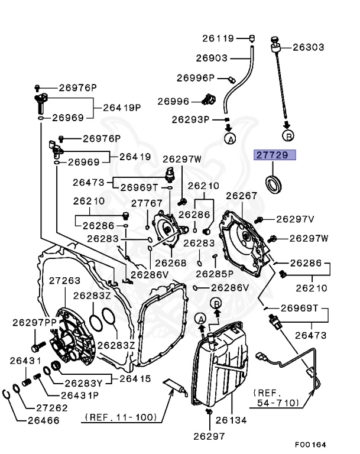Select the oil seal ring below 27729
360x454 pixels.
(275, 183)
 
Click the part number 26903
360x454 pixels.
(212, 57)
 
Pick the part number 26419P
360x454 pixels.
(122, 108)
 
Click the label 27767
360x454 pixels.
(147, 203)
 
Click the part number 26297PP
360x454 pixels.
(33, 322)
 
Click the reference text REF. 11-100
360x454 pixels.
(121, 417)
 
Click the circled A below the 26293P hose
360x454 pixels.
(229, 138)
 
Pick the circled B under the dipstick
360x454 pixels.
(288, 137)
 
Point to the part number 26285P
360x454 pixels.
(214, 274)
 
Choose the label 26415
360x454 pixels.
(135, 379)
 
